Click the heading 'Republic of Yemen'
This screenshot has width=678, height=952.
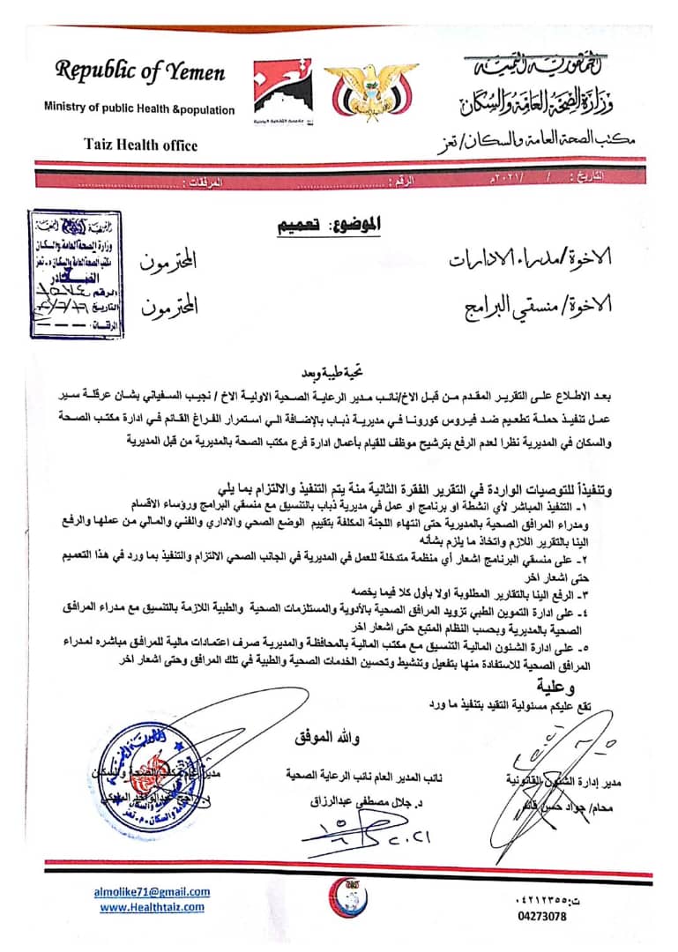(140, 71)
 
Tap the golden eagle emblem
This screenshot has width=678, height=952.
(361, 91)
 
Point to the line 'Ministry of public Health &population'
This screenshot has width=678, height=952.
(139, 109)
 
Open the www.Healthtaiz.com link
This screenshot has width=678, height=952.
(152, 906)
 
